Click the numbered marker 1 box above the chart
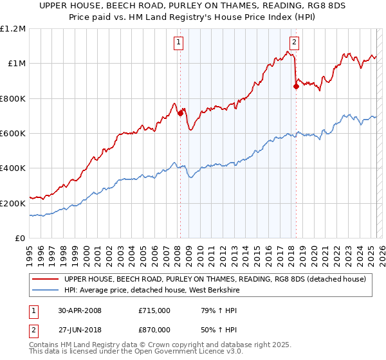click(178, 43)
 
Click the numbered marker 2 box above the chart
click(294, 43)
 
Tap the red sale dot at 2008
click(180, 114)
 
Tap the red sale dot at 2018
click(296, 87)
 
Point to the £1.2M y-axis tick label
click(13, 29)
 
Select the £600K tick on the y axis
click(13, 134)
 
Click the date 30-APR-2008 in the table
click(80, 310)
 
